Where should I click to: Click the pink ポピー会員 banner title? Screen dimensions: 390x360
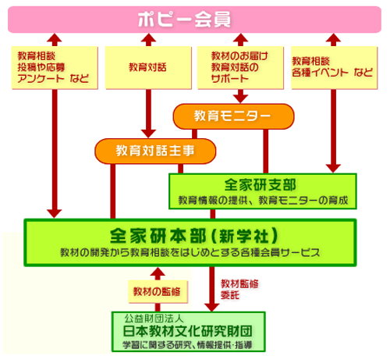click(184, 20)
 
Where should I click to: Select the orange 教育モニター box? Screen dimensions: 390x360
click(233, 116)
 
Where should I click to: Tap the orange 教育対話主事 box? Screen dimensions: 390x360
click(155, 151)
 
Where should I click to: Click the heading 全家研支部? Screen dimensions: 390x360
click(260, 185)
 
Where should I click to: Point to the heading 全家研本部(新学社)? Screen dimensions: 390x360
click(194, 236)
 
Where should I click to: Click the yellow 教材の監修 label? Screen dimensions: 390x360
click(158, 291)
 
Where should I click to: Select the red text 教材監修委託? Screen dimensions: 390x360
click(239, 289)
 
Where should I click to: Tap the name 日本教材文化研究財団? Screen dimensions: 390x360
click(188, 331)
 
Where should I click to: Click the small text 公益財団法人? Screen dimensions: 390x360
click(154, 318)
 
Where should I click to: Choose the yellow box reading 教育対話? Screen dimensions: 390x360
click(148, 68)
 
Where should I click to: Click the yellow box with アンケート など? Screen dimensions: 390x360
click(55, 68)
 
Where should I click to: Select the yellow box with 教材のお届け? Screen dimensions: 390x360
click(240, 68)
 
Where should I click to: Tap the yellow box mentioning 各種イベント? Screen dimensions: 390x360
click(334, 68)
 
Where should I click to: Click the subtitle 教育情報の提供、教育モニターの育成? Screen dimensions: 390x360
click(263, 201)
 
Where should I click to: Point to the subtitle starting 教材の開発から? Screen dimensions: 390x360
click(190, 252)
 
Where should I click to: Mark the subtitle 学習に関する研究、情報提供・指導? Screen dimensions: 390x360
click(187, 345)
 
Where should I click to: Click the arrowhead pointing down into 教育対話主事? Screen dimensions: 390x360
click(148, 134)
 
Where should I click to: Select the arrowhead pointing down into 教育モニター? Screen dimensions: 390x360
click(240, 99)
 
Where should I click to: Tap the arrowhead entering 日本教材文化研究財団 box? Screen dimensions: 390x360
click(212, 307)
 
